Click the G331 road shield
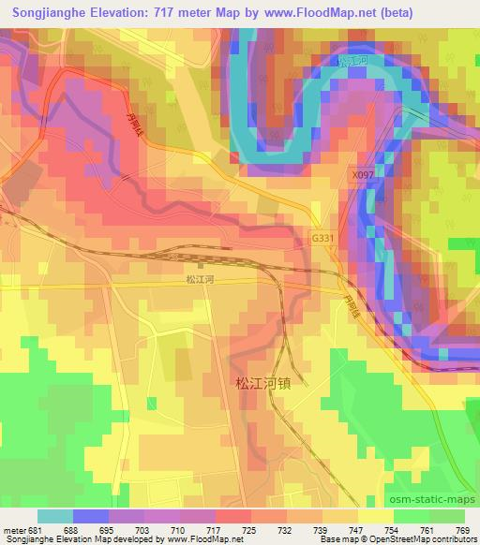tap(322, 239)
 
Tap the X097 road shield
tap(363, 174)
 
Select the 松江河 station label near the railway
tap(201, 278)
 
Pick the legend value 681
tap(37, 528)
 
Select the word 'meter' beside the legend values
tap(14, 528)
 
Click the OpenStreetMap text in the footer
tap(440, 538)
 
